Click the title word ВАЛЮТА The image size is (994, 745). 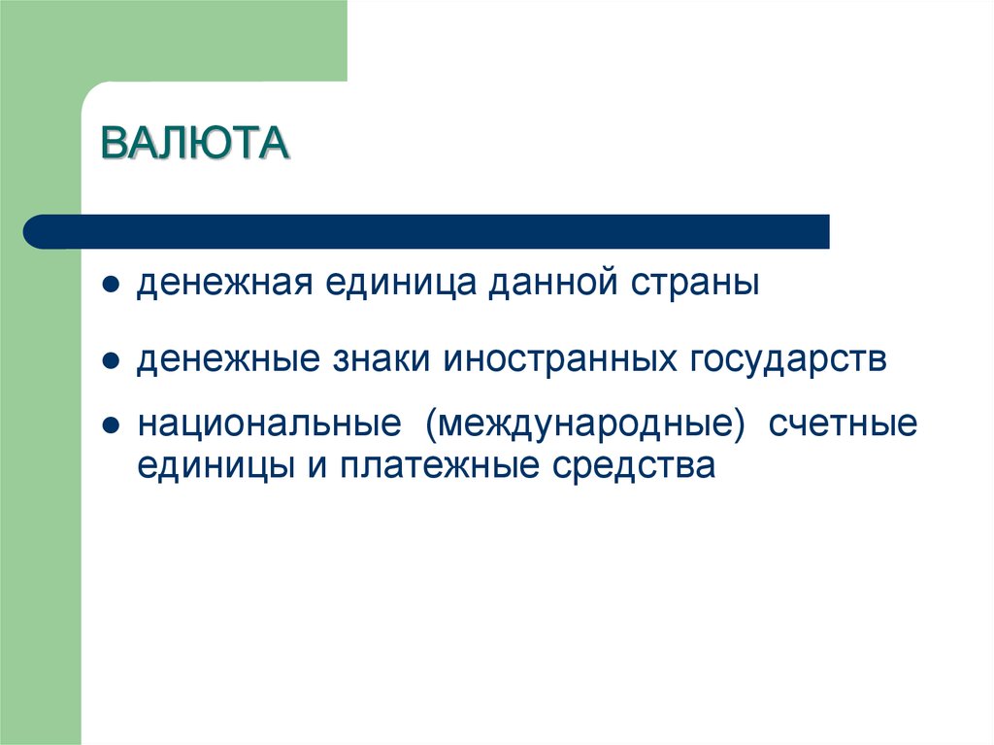195,145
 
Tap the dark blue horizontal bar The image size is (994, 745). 427,231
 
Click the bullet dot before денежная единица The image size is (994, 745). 112,288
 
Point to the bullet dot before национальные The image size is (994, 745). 112,427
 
